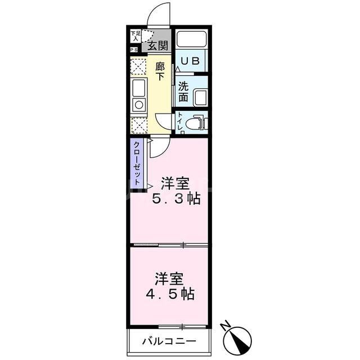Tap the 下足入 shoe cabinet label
[134, 36]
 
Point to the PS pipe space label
[134, 50]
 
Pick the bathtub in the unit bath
[192, 40]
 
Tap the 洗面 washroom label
[183, 92]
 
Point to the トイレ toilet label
[179, 123]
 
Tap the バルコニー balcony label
[168, 341]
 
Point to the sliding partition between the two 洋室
[169, 245]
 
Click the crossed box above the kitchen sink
[138, 66]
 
